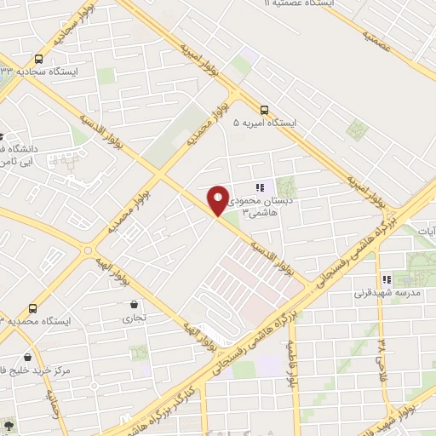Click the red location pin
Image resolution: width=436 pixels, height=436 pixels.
coord(218,200)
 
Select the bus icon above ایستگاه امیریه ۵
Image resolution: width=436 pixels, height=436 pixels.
coord(264,110)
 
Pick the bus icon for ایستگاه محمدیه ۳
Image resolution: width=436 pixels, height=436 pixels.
coord(33,308)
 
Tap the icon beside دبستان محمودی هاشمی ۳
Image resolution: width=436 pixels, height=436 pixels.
coord(260,187)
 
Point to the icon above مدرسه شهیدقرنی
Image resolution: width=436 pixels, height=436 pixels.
coord(387,279)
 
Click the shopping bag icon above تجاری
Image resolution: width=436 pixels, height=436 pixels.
coord(134,304)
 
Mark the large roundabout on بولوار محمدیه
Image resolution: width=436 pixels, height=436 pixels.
coord(89,250)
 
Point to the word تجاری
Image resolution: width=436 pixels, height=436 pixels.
coord(133,318)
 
